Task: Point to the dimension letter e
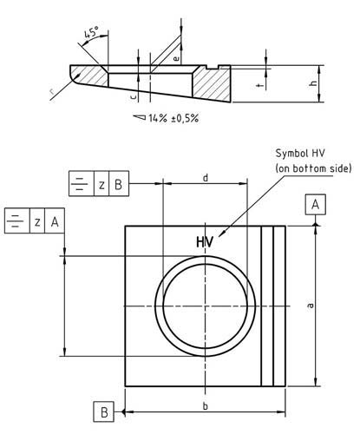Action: pyautogui.click(x=177, y=58)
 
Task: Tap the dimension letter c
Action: pyautogui.click(x=130, y=98)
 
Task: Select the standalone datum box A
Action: pyautogui.click(x=316, y=204)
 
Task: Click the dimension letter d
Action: pyautogui.click(x=205, y=177)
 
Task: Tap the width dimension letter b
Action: pyautogui.click(x=205, y=404)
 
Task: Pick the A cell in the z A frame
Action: pyautogui.click(x=55, y=220)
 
